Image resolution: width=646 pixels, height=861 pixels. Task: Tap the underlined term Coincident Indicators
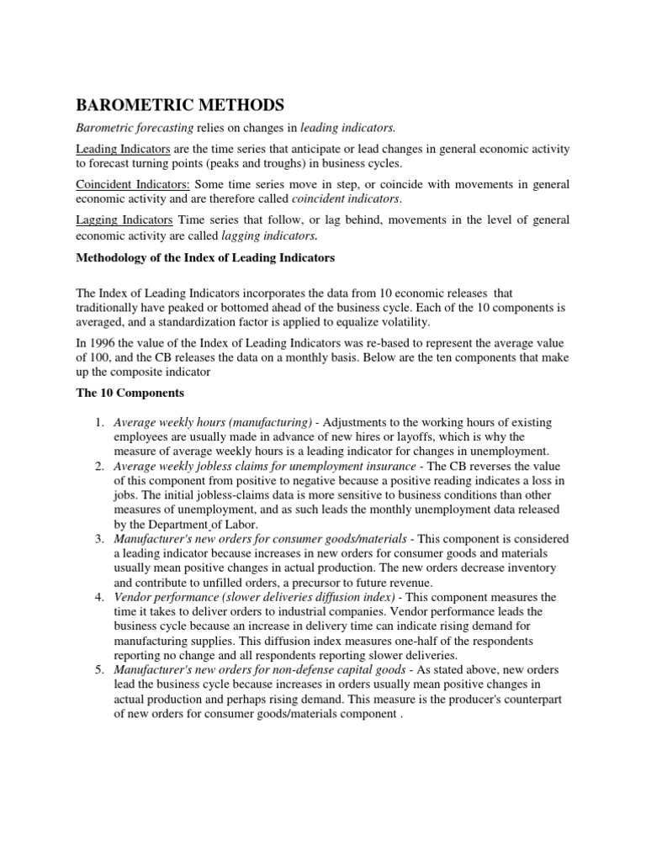tap(133, 184)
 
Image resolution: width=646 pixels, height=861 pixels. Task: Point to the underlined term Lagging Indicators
tap(124, 219)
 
